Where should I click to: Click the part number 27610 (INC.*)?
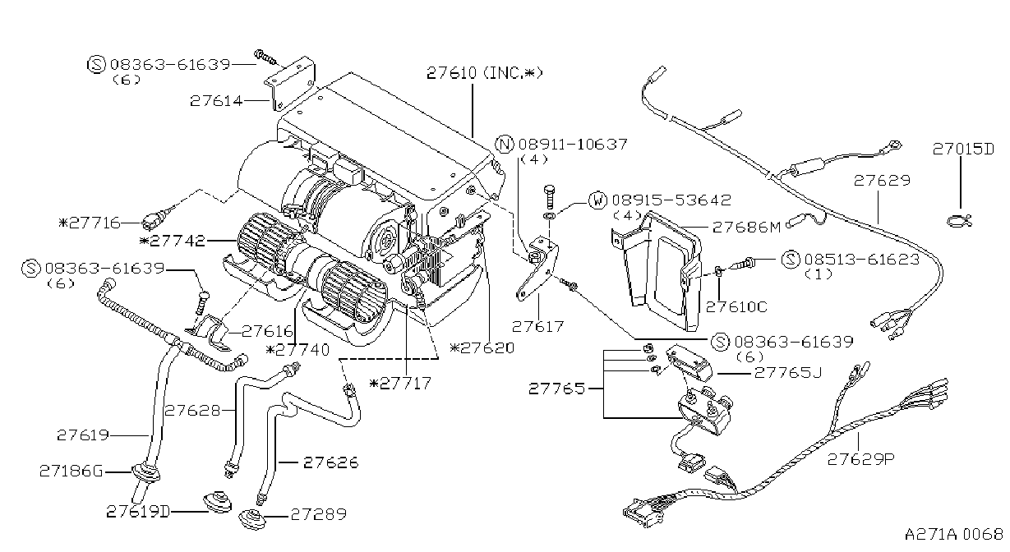click(485, 72)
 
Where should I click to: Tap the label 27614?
click(216, 100)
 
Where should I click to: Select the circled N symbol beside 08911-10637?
click(504, 145)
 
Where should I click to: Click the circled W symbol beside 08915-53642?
click(598, 200)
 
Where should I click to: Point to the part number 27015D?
click(963, 149)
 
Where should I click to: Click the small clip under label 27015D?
click(960, 221)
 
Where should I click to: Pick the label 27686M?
click(746, 227)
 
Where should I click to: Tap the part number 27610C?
click(736, 307)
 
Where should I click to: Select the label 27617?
click(538, 326)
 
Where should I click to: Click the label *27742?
click(173, 241)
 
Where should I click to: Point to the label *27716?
click(90, 223)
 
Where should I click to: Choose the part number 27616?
click(268, 332)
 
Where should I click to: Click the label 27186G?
click(71, 471)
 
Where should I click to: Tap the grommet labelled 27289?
click(252, 519)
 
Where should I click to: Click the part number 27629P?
click(860, 459)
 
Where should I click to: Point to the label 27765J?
click(788, 373)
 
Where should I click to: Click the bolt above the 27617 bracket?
click(549, 196)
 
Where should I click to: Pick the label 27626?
click(331, 462)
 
